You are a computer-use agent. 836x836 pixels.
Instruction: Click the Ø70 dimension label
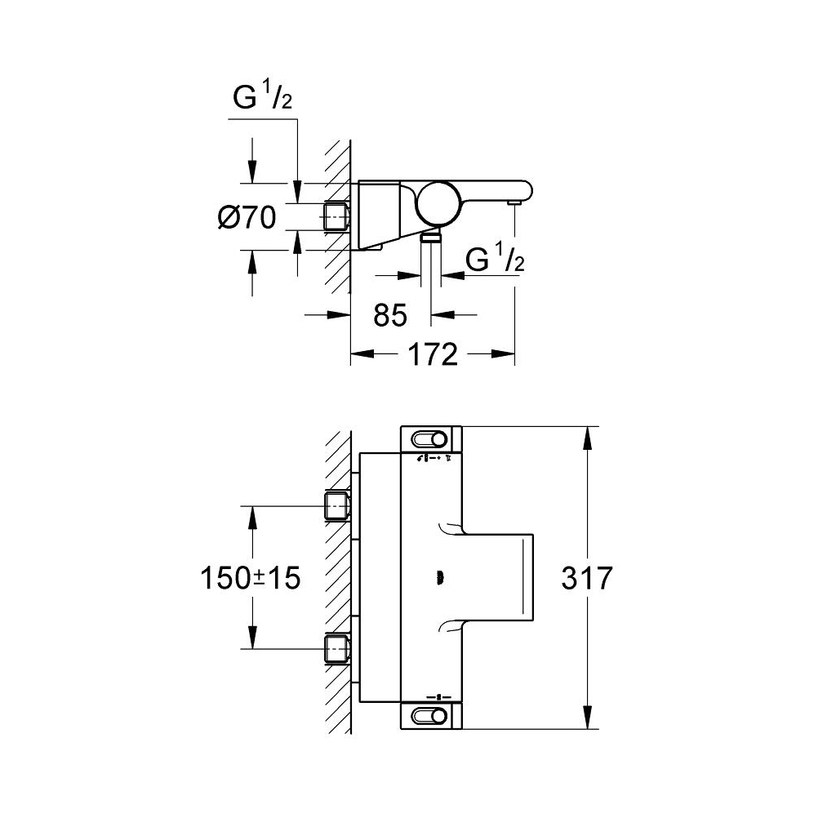pyautogui.click(x=247, y=217)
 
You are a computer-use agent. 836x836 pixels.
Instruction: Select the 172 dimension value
pyautogui.click(x=433, y=354)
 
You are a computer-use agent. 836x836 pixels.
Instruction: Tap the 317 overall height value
pyautogui.click(x=586, y=578)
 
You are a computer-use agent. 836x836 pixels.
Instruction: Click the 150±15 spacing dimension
pyautogui.click(x=250, y=578)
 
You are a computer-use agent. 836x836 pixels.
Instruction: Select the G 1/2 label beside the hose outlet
pyautogui.click(x=494, y=259)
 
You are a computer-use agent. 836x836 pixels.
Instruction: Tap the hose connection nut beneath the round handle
pyautogui.click(x=431, y=238)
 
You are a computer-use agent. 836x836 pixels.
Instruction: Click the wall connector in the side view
pyautogui.click(x=337, y=216)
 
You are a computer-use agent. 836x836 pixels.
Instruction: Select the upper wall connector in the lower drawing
pyautogui.click(x=337, y=505)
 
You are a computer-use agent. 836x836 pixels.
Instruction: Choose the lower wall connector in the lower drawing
pyautogui.click(x=337, y=649)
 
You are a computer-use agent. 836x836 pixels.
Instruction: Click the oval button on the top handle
pyautogui.click(x=430, y=440)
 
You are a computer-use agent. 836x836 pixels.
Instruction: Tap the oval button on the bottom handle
pyautogui.click(x=430, y=716)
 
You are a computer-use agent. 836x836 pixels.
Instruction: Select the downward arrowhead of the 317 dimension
pyautogui.click(x=586, y=716)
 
